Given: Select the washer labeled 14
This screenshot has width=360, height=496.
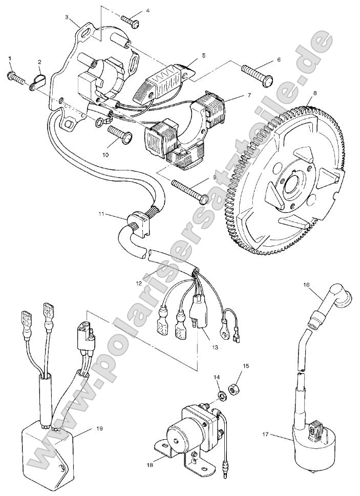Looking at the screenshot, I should click(223, 396).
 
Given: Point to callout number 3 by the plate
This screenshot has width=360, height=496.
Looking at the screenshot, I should click(68, 17).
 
